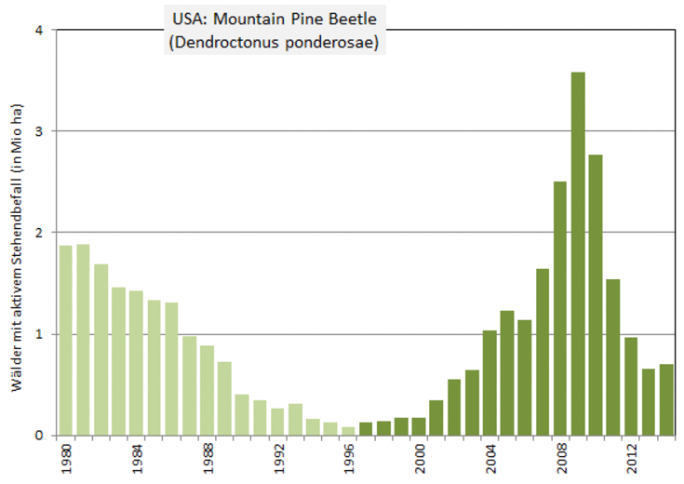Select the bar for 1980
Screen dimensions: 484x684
tap(66, 340)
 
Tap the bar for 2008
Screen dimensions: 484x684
tap(560, 308)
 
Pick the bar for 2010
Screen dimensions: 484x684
tap(596, 294)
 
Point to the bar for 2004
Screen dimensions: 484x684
tap(490, 383)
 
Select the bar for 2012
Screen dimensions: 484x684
tap(631, 385)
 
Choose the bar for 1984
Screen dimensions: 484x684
tap(137, 363)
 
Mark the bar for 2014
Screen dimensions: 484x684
tap(666, 399)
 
